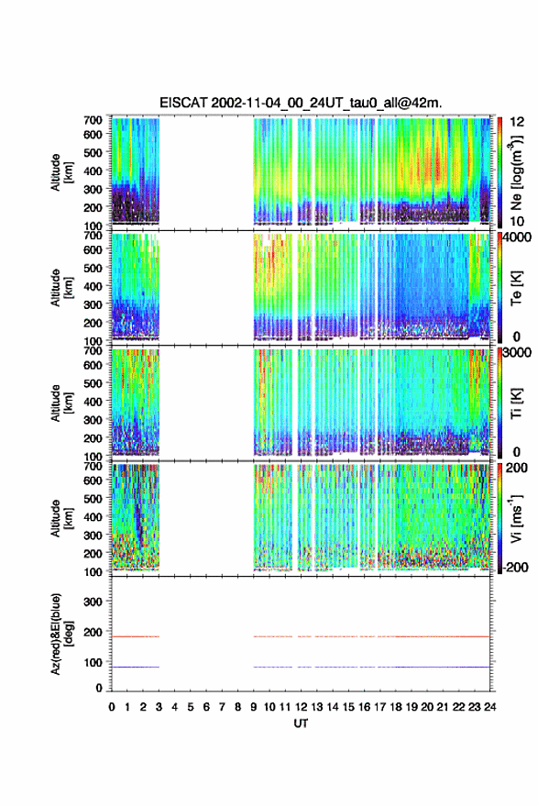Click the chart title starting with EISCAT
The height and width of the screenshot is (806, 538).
[x=301, y=103]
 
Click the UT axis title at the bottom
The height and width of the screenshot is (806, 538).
[x=301, y=723]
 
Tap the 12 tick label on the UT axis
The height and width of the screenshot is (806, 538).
[x=302, y=707]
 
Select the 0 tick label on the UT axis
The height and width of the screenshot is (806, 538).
[x=112, y=707]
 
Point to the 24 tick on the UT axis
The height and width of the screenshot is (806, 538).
[x=489, y=707]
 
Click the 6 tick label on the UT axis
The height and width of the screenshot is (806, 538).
[x=206, y=707]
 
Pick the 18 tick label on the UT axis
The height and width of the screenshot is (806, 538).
[x=396, y=707]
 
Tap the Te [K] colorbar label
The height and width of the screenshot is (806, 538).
[x=516, y=288]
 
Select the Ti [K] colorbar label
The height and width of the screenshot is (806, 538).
[x=516, y=403]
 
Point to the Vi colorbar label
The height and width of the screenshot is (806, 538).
[x=517, y=518]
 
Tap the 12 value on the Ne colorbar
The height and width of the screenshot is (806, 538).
[x=517, y=122]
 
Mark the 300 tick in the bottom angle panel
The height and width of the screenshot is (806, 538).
[x=93, y=602]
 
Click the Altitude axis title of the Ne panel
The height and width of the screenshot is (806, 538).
[x=61, y=172]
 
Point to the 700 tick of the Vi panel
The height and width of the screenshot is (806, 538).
[x=93, y=466]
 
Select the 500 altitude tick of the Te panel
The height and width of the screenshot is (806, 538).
[x=93, y=268]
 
